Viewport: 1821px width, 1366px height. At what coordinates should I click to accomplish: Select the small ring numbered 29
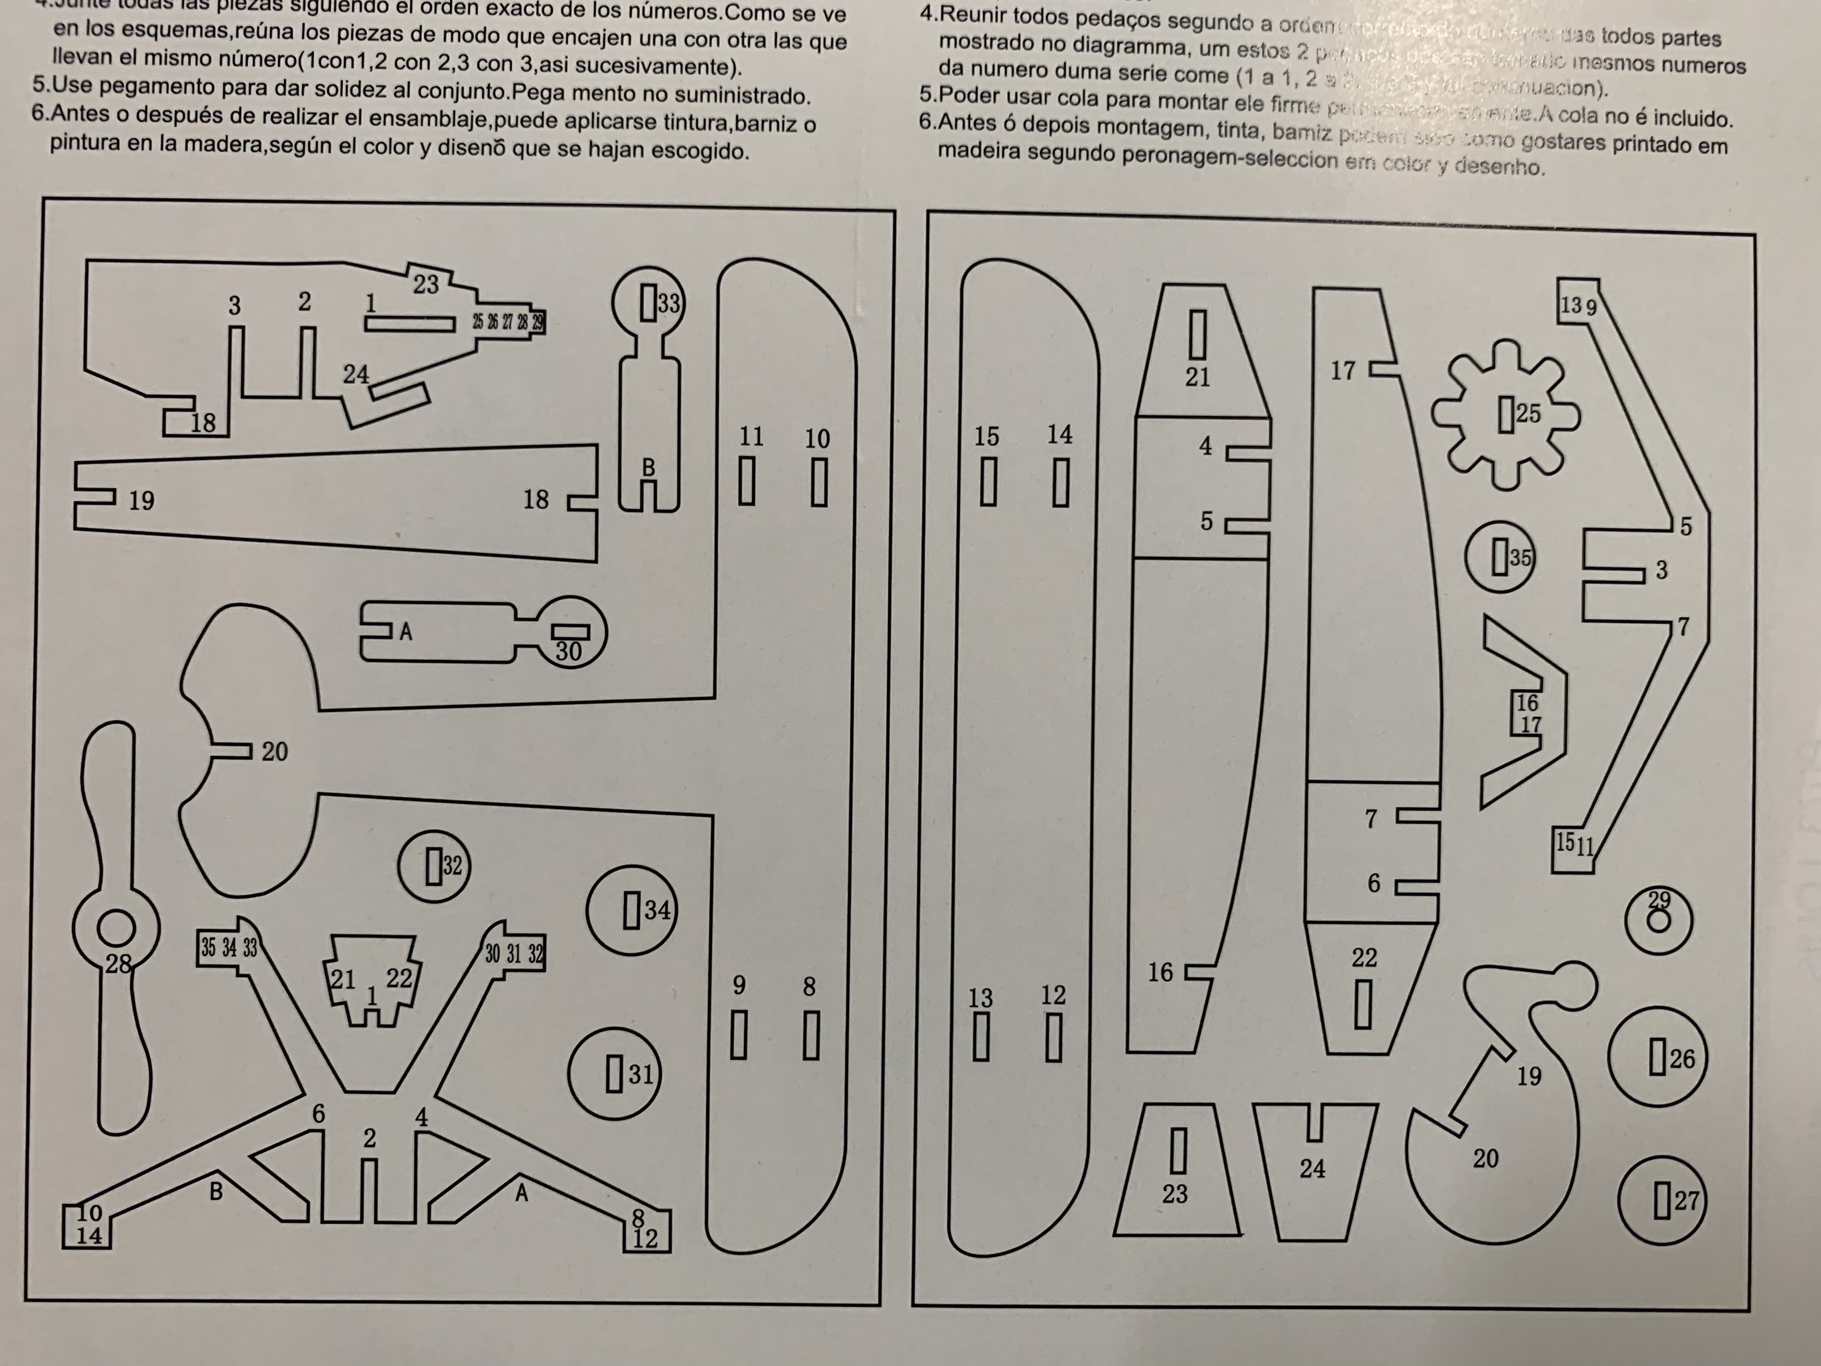tap(1659, 920)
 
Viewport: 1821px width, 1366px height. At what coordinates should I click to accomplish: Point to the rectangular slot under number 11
tap(747, 481)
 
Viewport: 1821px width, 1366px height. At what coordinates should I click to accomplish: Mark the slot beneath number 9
tap(738, 1034)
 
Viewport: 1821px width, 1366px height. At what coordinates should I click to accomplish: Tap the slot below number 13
tap(981, 1036)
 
